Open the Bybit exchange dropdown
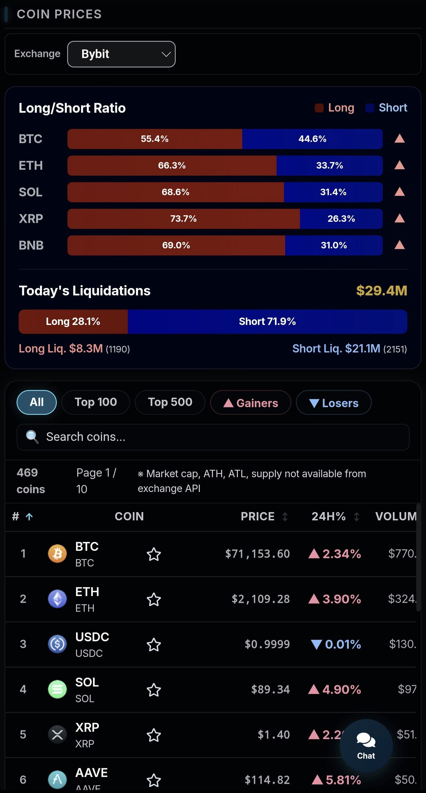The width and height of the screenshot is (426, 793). tap(121, 54)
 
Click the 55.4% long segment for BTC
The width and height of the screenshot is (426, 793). tap(155, 139)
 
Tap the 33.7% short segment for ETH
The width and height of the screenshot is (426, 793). tap(329, 166)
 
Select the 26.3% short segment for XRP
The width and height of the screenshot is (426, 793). tap(341, 219)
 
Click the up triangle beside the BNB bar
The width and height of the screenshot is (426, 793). tap(399, 245)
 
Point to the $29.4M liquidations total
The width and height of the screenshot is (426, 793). tap(381, 291)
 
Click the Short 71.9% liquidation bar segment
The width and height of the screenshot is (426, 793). tap(267, 322)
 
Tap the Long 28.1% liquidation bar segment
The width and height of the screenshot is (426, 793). tap(73, 322)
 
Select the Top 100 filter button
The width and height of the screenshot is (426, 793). tap(96, 402)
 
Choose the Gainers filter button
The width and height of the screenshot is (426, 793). tap(251, 403)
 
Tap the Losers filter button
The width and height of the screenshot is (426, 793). tap(334, 403)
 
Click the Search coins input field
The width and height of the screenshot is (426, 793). tap(212, 437)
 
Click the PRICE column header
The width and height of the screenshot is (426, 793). tap(257, 517)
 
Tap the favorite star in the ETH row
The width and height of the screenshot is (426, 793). tap(154, 599)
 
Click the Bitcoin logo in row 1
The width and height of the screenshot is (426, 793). tap(57, 554)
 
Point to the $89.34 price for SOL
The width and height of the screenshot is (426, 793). tap(270, 690)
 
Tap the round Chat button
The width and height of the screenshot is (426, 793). tap(366, 745)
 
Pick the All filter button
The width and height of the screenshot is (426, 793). tap(37, 402)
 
